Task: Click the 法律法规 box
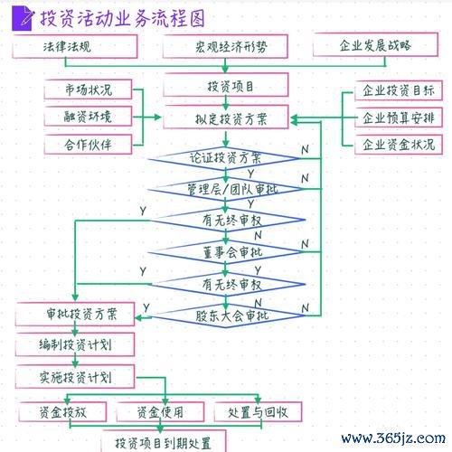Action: tap(75, 46)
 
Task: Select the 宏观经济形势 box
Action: tap(225, 46)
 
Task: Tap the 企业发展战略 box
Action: tap(375, 45)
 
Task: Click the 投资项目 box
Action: tap(226, 85)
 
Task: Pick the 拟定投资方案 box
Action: tap(226, 118)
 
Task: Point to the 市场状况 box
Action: tap(88, 89)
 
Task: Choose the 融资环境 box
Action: tap(88, 117)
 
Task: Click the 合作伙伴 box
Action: tap(88, 145)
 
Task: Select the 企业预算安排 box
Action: tap(399, 118)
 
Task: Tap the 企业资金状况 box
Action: tap(399, 145)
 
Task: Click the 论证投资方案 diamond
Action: tap(224, 158)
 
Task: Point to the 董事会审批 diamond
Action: tap(225, 252)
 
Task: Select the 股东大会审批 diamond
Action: tap(227, 315)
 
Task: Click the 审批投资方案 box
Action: tap(75, 315)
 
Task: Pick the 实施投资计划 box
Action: tap(75, 377)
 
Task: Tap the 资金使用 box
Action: tap(160, 412)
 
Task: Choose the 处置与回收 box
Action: tap(258, 412)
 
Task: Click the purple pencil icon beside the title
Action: tap(23, 19)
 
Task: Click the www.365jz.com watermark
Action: tap(393, 438)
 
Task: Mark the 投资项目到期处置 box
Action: tap(164, 441)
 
